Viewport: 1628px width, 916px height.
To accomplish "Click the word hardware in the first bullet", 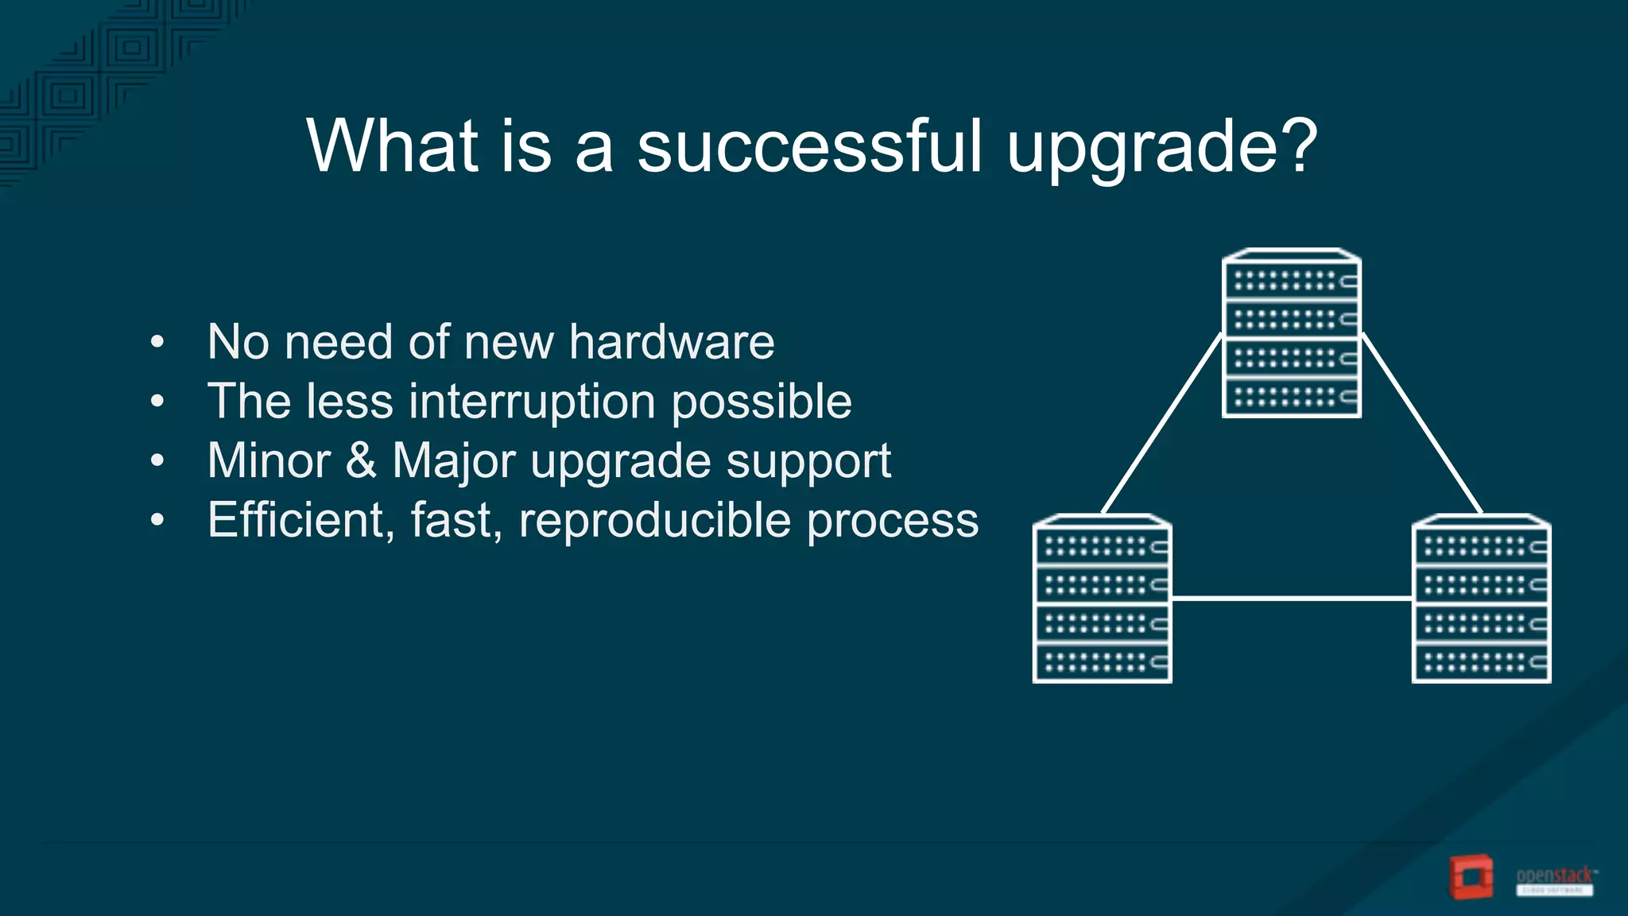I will [672, 342].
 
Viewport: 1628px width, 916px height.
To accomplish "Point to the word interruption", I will [532, 401].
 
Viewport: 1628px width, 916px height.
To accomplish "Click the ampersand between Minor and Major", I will [361, 460].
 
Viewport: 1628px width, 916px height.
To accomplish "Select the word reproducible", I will [655, 520].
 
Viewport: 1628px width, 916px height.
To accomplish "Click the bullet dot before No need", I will [157, 343].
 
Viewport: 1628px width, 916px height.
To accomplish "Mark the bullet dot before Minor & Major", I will [157, 461].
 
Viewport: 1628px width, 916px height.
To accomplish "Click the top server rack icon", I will [1291, 334].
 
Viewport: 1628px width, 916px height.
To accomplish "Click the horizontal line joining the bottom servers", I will [1291, 598].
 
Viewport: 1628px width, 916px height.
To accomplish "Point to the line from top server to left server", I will [1161, 424].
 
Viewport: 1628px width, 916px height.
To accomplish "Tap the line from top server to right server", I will [1421, 424].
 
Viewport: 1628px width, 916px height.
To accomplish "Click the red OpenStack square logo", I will [1470, 877].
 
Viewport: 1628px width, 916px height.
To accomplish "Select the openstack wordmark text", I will [1554, 875].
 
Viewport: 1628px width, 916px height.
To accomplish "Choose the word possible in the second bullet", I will [762, 401].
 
